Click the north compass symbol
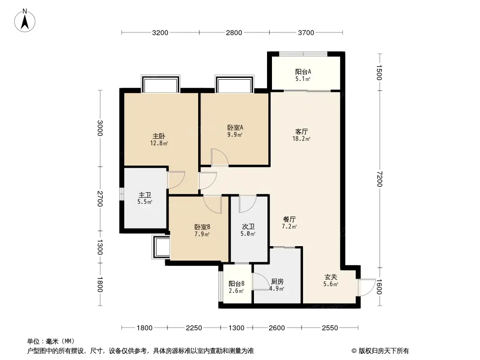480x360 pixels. point(25,20)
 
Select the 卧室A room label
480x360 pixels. point(235,127)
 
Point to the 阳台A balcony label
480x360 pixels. point(303,72)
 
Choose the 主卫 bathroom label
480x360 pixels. point(145,195)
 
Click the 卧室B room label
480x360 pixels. point(202,227)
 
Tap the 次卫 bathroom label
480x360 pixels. point(248,227)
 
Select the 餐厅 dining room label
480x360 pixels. point(289,220)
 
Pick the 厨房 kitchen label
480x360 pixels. point(276,282)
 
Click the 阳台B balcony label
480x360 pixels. point(236,283)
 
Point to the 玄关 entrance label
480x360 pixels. point(331,277)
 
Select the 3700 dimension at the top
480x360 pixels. point(306,32)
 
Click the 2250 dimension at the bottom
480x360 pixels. point(194,328)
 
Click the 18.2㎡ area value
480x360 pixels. point(302,139)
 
